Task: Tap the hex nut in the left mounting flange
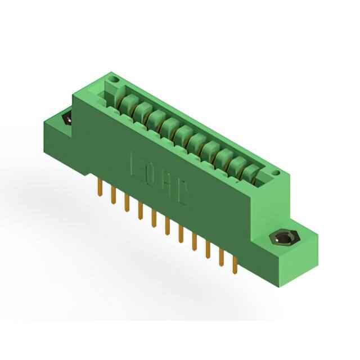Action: pos(66,119)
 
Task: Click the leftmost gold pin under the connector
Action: pos(100,186)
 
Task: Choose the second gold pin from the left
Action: pos(113,193)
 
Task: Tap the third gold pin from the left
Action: pos(127,201)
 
